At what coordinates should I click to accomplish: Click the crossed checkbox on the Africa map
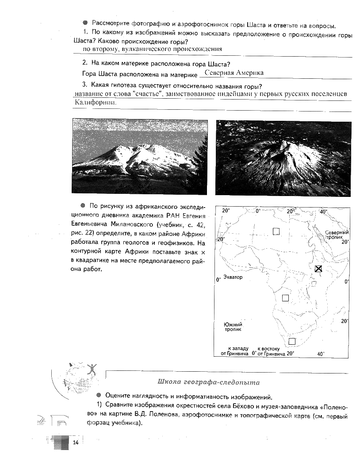(318, 269)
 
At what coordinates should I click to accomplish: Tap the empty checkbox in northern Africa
(276, 231)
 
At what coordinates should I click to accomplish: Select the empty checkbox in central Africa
(285, 298)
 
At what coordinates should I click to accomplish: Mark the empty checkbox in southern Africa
(291, 341)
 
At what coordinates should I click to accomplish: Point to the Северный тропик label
(337, 235)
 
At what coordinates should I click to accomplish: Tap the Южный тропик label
(233, 327)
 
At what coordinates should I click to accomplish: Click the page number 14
(75, 443)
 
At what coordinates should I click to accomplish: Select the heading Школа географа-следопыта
(208, 382)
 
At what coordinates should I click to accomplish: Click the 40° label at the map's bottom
(321, 354)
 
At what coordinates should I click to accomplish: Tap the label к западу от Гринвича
(235, 351)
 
